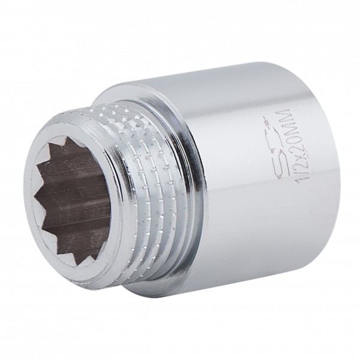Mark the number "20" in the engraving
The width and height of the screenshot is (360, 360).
point(283,142)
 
